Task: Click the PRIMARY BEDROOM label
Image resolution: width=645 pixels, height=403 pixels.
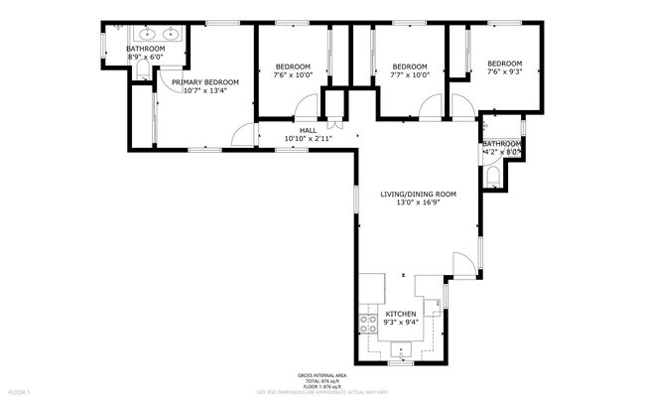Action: (x=205, y=82)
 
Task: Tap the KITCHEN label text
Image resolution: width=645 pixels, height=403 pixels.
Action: (x=401, y=313)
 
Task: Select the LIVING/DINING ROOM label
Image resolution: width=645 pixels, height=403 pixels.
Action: (x=418, y=195)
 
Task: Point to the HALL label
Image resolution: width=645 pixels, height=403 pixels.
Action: (x=308, y=130)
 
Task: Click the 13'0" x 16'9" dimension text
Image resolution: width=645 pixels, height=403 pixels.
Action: (x=418, y=204)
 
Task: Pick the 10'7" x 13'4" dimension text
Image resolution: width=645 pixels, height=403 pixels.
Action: (x=205, y=91)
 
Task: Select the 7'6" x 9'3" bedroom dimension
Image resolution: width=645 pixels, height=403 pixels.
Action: (x=506, y=71)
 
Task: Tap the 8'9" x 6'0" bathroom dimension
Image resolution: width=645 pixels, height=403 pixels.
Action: (x=145, y=57)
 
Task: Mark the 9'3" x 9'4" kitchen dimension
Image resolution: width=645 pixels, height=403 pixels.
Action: (x=401, y=322)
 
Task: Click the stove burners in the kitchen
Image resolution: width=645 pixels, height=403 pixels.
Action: (x=367, y=320)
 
